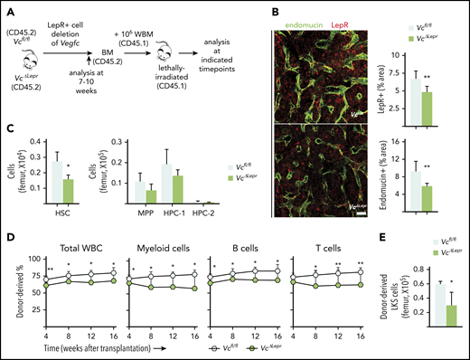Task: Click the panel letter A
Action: point(7,8)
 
